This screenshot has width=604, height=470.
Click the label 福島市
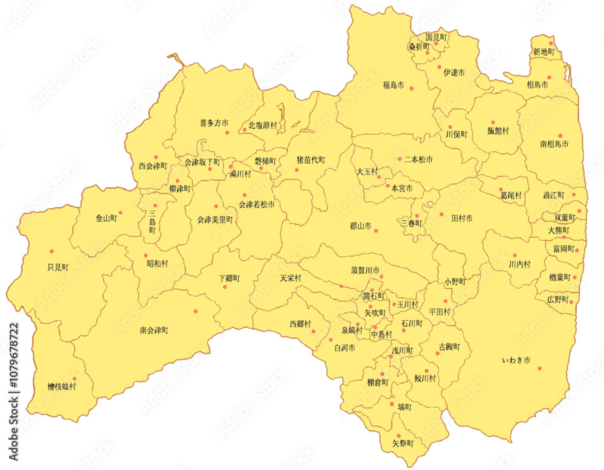coord(393,85)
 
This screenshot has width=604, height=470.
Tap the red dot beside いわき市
coord(539,369)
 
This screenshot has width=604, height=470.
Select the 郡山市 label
coord(361,227)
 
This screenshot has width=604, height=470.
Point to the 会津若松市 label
coord(257,205)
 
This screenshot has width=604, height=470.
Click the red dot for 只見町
coord(52,251)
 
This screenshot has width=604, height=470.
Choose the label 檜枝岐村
coord(62,386)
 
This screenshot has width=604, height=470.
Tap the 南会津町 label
coord(154,330)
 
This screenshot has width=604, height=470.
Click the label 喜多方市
coord(214,123)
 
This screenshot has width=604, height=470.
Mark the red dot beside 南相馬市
coord(560,136)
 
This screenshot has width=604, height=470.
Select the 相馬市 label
coord(537,85)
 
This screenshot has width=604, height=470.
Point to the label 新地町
coord(543,53)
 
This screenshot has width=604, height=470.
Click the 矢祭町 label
coord(403,443)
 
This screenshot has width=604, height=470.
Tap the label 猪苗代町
coord(310,160)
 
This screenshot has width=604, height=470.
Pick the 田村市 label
coord(462,218)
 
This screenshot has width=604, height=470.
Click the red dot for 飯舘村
coord(493,123)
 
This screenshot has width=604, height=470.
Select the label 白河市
coord(344,348)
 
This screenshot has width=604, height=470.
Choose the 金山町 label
coord(106,219)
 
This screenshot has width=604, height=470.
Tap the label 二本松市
coord(419,159)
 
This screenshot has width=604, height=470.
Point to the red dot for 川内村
coord(515,255)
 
